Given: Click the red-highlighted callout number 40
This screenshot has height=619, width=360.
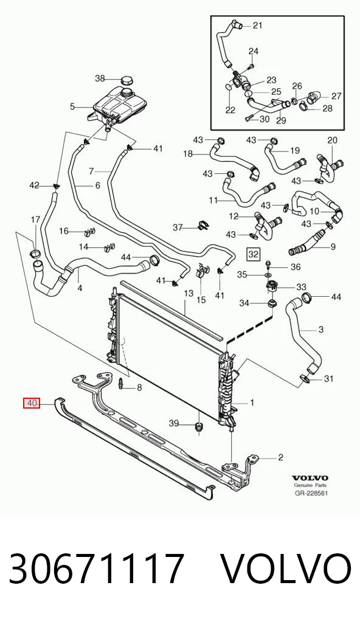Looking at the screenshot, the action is (32, 404).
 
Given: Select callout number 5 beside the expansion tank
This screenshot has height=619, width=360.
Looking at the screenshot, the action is (72, 106).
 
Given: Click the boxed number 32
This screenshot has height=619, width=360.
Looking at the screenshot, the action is (253, 254).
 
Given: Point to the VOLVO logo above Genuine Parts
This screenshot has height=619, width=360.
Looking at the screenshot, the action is (310, 478).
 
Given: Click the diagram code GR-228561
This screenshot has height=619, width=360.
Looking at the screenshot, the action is (311, 493).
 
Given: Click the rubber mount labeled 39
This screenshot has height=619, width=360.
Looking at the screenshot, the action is (199, 427).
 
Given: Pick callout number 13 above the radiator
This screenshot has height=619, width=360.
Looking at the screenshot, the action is (189, 293).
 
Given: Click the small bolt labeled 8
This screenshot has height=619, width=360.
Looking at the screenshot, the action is (122, 382).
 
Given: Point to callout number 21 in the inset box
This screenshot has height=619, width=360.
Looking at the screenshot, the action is (257, 26).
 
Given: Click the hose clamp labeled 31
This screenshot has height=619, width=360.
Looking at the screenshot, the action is (304, 379).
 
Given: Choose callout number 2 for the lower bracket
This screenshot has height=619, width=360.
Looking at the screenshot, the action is (281, 457).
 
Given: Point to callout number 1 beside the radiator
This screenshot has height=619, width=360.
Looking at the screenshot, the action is (252, 403).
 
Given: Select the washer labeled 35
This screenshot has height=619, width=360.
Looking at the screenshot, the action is (268, 274).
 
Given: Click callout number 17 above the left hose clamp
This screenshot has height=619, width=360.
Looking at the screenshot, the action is (35, 219).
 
